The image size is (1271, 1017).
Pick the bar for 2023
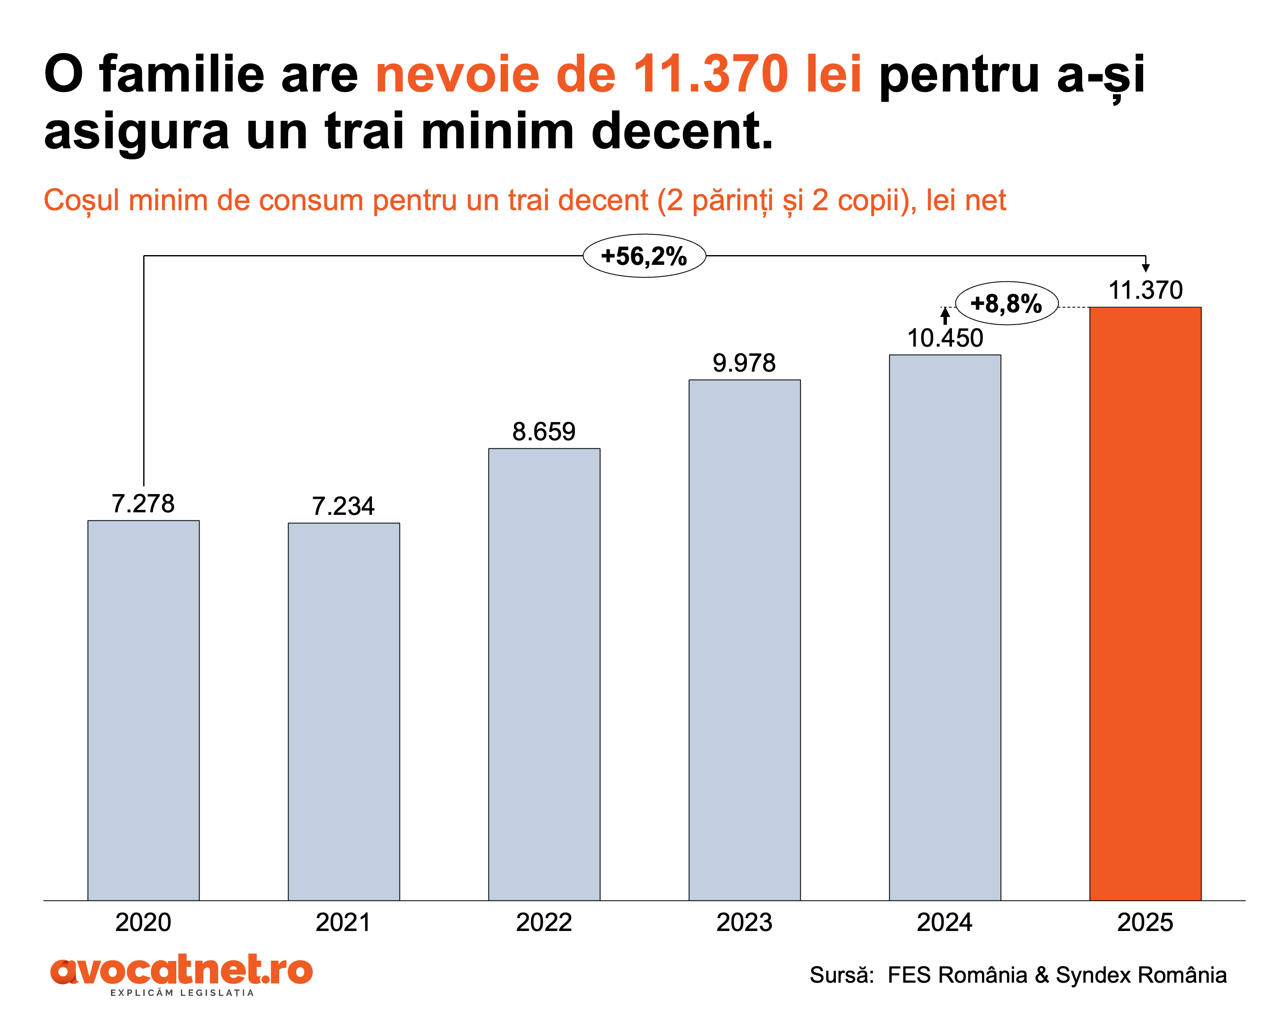744,640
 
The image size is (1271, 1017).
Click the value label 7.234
343,506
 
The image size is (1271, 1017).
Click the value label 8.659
544,431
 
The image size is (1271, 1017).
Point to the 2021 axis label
343,922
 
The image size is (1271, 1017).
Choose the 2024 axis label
944,922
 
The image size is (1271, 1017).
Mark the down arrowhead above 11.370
1146,268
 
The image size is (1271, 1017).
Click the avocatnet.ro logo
182,972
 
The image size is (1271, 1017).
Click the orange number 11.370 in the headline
710,74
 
